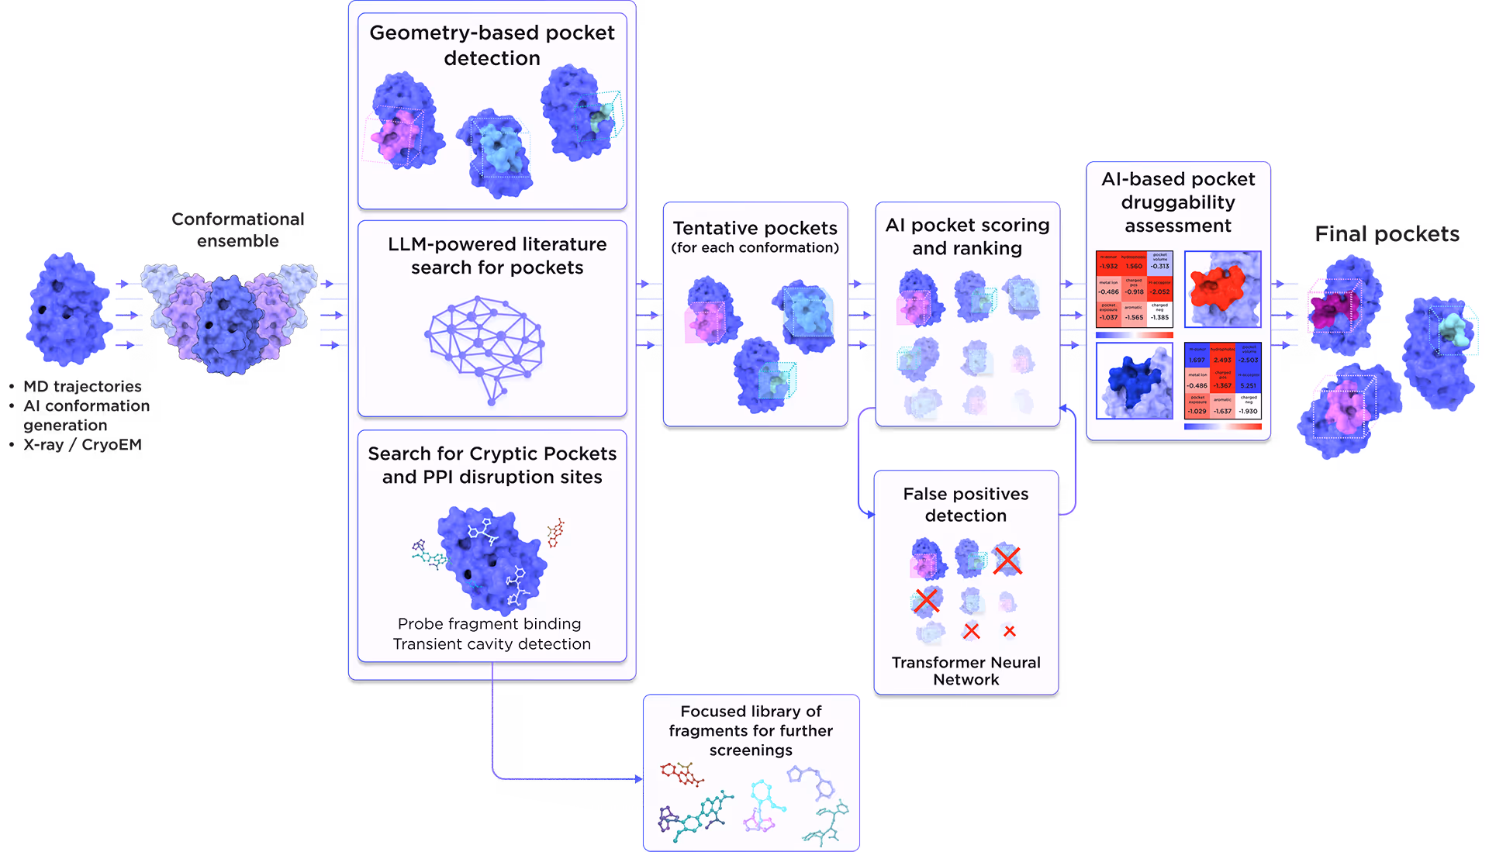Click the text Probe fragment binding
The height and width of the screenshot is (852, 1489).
pos(489,624)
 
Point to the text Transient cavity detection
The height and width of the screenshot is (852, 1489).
pos(492,644)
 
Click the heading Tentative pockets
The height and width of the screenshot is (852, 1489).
pos(755,228)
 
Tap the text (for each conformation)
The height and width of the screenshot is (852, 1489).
pos(755,248)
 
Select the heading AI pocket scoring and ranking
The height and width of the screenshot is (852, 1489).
pos(967,236)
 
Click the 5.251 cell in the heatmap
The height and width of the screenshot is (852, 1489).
pos(1248,385)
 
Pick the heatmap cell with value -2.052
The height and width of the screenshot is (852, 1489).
pos(1159,291)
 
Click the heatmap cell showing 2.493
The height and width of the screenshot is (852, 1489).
pos(1222,360)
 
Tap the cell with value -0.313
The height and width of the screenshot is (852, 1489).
pos(1159,266)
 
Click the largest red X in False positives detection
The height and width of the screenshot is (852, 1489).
pos(1007,560)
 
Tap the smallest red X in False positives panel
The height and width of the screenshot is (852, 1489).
pos(1009,632)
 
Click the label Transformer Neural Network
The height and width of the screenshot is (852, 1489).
pos(966,671)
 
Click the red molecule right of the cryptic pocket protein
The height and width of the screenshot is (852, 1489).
pos(555,533)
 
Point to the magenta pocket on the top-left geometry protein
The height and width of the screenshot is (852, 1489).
pos(393,136)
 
